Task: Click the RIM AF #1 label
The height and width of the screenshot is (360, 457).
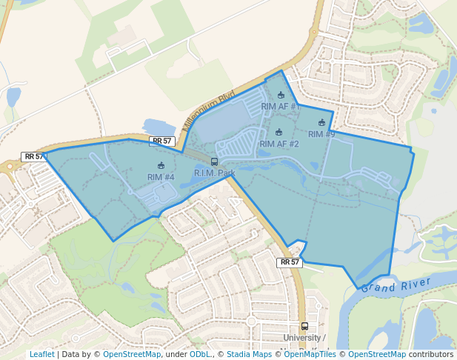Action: coord(280,107)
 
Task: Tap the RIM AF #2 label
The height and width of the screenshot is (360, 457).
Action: coord(279,144)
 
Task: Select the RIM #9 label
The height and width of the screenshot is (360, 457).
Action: coord(321,134)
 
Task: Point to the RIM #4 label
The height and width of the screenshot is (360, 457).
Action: coord(161,177)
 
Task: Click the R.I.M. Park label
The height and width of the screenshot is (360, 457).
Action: coord(214,173)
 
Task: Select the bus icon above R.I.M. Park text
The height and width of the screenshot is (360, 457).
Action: coord(214,161)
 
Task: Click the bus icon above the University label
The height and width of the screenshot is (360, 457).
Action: coord(304,326)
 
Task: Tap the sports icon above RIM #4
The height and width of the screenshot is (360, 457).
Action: coord(161,165)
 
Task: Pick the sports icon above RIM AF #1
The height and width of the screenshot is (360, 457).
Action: coord(281,95)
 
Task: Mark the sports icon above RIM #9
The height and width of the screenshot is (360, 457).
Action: coord(321,123)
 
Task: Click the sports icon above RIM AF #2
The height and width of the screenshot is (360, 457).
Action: coord(279,132)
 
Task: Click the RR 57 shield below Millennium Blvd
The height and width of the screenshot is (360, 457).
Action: coord(161,141)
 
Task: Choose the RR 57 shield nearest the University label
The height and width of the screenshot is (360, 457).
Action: coord(290,262)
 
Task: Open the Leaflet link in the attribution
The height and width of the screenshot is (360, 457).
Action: coord(41,354)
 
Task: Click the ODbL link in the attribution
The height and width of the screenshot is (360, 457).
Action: coord(199,354)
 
